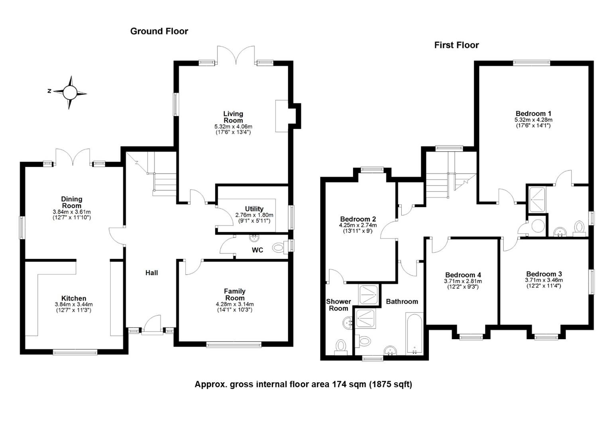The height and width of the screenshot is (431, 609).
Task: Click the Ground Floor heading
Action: [159, 31]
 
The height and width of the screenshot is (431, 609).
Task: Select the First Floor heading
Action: [456, 45]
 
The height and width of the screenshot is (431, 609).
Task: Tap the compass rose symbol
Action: [70, 93]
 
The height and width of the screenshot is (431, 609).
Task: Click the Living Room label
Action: [233, 117]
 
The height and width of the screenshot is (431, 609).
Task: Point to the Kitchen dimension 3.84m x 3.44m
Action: [74, 304]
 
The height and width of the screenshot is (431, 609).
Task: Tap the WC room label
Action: [257, 250]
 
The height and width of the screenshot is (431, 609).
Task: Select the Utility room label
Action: [254, 209]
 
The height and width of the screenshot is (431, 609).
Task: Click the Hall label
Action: [151, 273]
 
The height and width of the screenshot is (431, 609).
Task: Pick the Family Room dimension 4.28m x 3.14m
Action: [235, 304]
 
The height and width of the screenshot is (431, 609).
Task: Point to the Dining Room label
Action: [71, 202]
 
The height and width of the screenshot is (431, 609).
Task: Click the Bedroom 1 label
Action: [533, 113]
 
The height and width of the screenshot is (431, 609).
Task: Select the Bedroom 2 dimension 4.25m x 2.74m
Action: [358, 225]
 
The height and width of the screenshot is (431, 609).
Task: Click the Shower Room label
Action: [338, 305]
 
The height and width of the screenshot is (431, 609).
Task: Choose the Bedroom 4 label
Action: [463, 275]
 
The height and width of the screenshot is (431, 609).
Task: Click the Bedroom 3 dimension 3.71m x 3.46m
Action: [544, 280]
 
